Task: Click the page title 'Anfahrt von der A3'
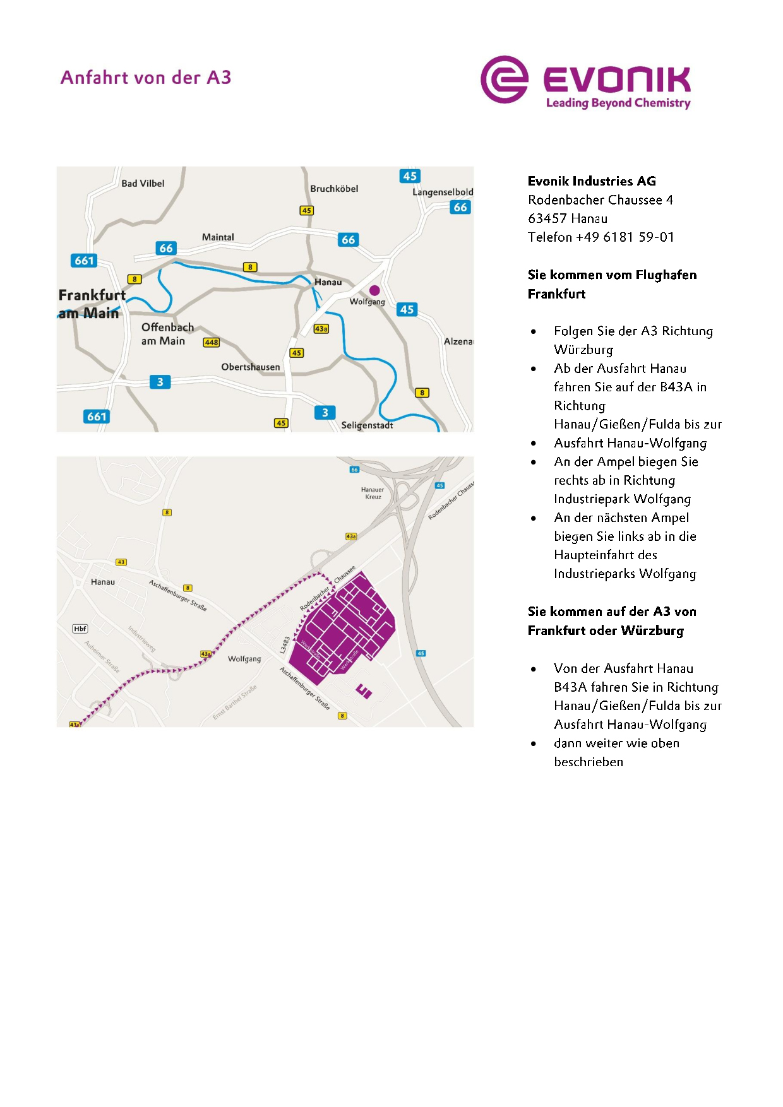(146, 78)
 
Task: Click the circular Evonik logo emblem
(504, 80)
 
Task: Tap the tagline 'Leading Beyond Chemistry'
(618, 103)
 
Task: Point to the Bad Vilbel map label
(143, 184)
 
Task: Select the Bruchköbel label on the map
(334, 189)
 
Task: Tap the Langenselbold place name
(442, 192)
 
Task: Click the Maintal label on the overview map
(218, 237)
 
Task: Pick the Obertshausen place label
(250, 367)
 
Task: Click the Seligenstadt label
(367, 425)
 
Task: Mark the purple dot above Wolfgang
(374, 290)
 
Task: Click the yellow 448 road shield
(211, 342)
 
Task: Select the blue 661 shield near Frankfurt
(84, 261)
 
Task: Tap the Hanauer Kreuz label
(373, 493)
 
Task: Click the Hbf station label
(80, 629)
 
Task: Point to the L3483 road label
(285, 644)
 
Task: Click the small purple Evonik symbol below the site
(364, 691)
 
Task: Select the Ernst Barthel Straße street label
(234, 702)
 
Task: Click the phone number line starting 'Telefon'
(601, 237)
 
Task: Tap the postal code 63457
(547, 218)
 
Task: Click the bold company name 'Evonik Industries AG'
(592, 181)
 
